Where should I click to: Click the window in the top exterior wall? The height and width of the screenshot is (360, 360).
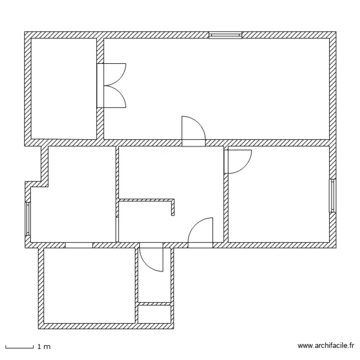pos(225,35)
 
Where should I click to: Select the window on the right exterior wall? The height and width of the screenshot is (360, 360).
pos(332,195)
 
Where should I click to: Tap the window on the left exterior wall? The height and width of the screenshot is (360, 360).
pos(28,218)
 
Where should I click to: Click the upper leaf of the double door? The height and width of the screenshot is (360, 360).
pos(115,74)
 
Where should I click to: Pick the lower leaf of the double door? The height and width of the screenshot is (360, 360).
pos(115,96)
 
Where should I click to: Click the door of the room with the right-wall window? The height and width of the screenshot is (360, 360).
pos(238,161)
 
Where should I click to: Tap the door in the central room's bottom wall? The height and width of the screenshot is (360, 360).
pos(200,233)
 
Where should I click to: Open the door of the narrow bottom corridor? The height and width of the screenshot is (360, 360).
pos(152,259)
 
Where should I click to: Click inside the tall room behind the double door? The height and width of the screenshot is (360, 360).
pos(64,89)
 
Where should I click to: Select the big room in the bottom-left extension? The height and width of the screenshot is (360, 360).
pos(89,286)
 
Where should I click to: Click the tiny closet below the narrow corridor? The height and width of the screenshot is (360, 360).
pos(154,314)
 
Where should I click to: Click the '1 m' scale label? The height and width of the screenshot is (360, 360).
pos(44,346)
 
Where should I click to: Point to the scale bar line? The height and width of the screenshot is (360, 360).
pos(19,347)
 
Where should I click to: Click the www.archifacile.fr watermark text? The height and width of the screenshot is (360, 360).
pos(326,345)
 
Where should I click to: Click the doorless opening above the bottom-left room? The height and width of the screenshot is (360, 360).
pos(79,245)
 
